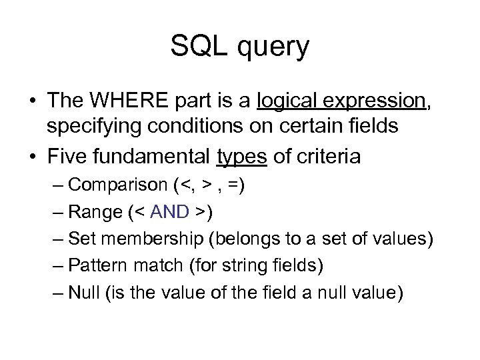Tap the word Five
68,157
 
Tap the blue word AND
170,212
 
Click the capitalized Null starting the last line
83,292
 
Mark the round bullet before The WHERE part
31,101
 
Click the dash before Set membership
59,238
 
